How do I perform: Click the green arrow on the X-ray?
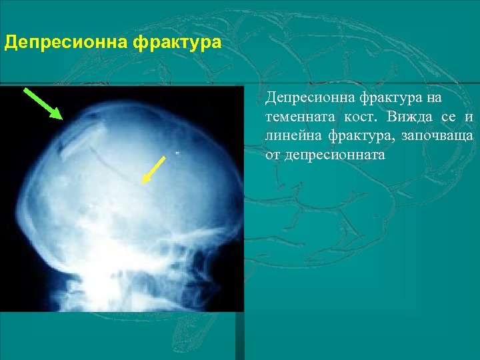coord(43,103)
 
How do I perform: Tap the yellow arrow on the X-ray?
coord(154,169)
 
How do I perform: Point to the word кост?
coord(361,118)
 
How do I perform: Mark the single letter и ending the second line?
coord(469,118)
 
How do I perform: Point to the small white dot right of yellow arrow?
coord(178,153)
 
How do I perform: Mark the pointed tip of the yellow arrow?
coord(143,181)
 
